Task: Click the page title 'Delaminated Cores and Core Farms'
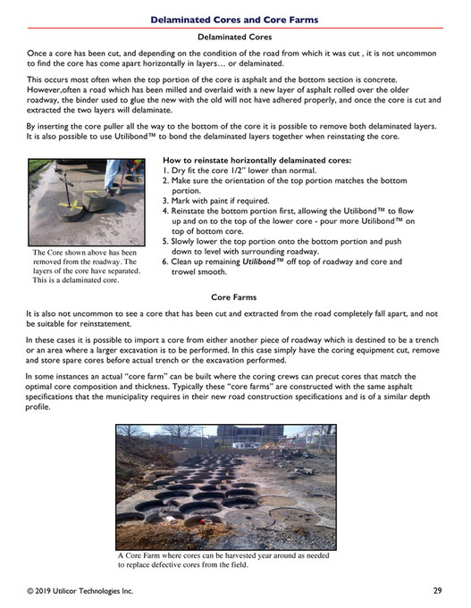234,18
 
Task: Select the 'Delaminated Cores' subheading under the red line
234,37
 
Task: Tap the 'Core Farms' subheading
234,296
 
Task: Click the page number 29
437,590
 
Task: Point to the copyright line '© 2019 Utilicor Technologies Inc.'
80,590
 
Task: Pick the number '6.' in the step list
166,262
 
